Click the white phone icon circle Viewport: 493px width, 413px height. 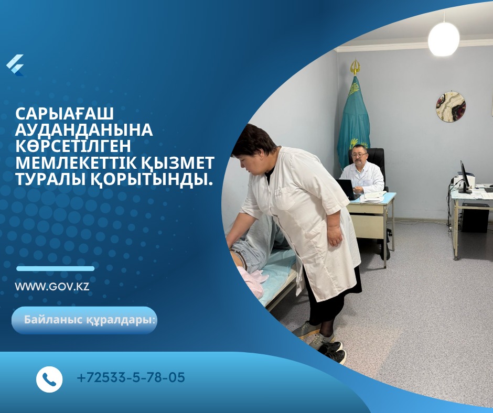click(49, 379)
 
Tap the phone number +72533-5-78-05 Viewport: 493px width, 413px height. click(131, 377)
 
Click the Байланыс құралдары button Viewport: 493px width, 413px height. click(84, 320)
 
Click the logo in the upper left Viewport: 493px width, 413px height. click(15, 66)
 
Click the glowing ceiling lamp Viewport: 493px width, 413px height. click(444, 39)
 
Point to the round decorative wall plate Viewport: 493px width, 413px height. click(451, 107)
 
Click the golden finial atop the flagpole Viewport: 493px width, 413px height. click(355, 67)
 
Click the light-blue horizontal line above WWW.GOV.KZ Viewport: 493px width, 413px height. click(56, 268)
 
